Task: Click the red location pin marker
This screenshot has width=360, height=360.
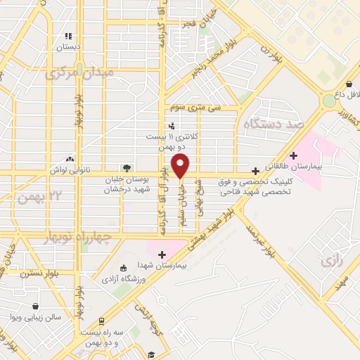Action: click(x=181, y=167)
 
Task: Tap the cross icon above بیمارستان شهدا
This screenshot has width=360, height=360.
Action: click(x=162, y=255)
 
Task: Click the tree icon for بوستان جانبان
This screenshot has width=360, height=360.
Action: click(x=127, y=168)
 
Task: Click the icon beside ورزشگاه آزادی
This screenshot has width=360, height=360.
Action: click(x=124, y=268)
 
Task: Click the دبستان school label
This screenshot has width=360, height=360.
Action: click(x=68, y=46)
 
